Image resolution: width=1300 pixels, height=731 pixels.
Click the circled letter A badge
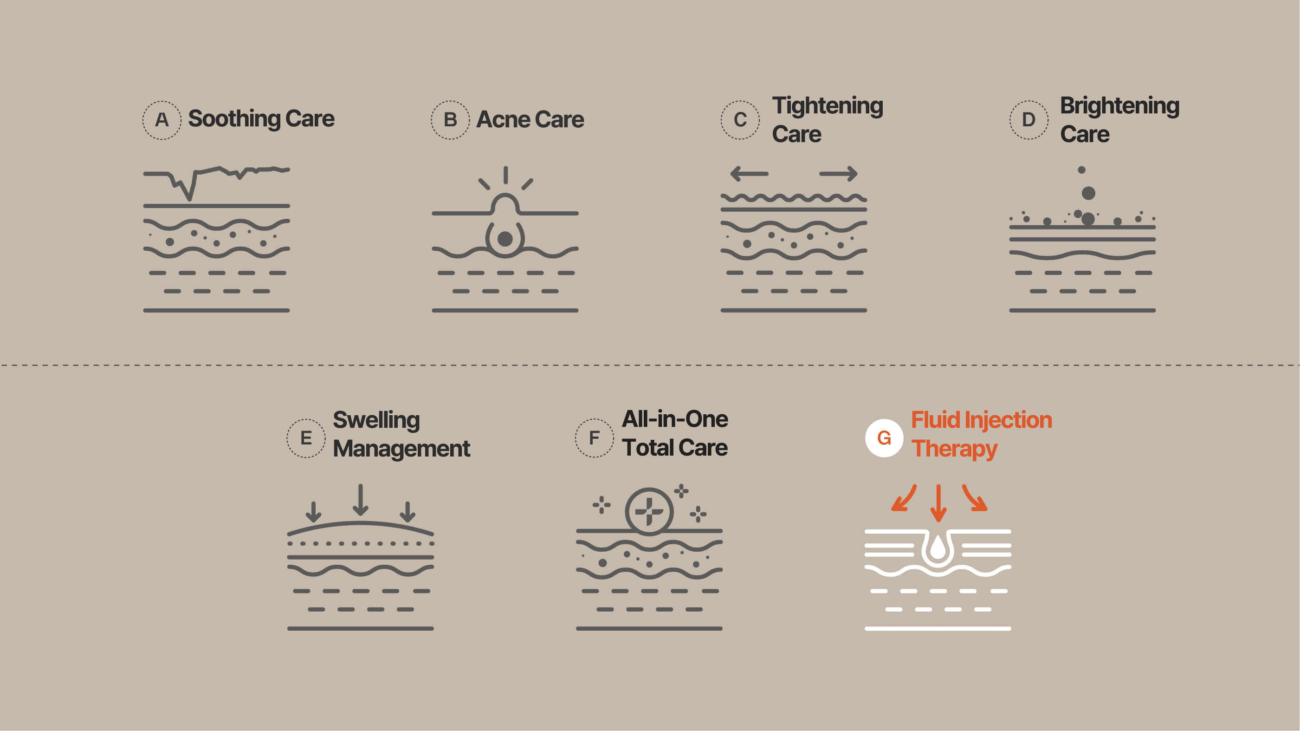pos(162,120)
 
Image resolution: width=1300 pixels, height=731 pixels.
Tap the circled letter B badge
pos(450,120)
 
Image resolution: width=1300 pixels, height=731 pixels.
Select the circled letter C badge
pos(740,120)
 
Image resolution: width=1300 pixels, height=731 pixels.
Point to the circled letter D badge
pos(1029,120)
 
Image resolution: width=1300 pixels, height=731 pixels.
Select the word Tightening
pos(828,106)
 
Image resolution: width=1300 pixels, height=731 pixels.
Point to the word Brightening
pos(1120,106)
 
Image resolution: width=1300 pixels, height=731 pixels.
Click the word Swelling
pos(376,420)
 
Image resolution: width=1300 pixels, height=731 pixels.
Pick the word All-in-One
pos(675,419)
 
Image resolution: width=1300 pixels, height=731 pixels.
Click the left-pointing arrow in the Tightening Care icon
pos(750,174)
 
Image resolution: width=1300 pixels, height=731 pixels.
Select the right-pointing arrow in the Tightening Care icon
pos(838,174)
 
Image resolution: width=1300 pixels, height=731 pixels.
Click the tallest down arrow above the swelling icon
pos(360,500)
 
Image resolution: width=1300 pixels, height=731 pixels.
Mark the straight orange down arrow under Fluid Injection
pos(938,503)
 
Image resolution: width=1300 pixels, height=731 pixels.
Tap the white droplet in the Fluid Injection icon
pos(938,547)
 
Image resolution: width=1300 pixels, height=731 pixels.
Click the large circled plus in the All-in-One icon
pos(649,511)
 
